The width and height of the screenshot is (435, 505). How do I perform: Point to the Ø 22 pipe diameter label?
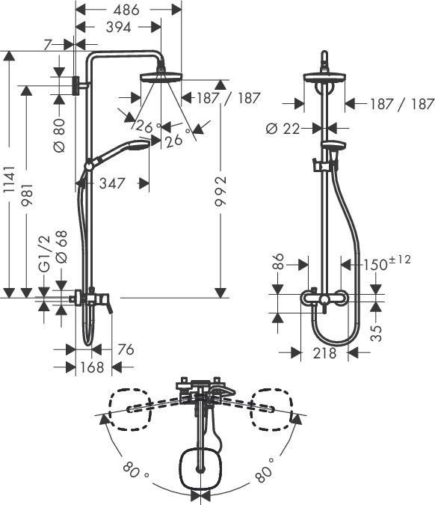pos(283,128)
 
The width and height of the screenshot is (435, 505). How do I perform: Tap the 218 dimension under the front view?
pos(324,352)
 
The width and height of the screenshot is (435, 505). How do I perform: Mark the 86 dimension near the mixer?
pos(277,263)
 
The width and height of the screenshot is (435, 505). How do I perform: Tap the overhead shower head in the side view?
pos(160,78)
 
